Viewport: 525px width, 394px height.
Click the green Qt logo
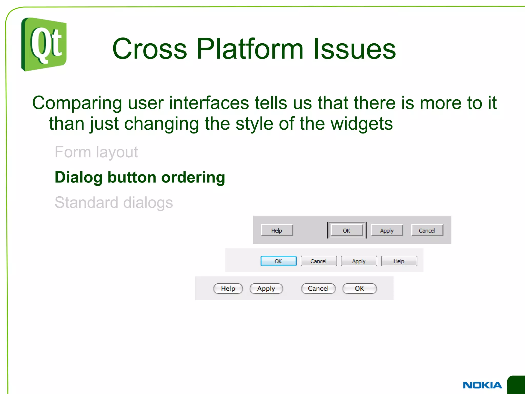[44, 44]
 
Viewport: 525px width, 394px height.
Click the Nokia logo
[482, 385]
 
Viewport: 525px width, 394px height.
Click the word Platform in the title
[250, 49]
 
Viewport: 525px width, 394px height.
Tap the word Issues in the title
[354, 49]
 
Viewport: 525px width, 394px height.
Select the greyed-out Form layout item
[96, 152]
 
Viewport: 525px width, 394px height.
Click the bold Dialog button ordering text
[140, 177]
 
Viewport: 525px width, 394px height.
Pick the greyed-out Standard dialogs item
[114, 203]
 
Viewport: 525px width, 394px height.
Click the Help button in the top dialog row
[277, 230]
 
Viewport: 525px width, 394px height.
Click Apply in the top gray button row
[387, 230]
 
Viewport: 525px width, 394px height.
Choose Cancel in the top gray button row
[427, 230]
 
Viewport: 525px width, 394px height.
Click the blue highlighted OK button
[278, 261]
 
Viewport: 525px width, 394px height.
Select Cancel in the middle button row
[318, 261]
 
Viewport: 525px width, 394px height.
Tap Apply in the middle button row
[359, 261]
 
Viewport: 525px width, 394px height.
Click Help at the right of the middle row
[399, 261]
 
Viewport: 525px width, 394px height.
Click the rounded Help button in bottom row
[228, 289]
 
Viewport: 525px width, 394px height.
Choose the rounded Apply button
[266, 289]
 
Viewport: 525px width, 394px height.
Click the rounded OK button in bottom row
[359, 289]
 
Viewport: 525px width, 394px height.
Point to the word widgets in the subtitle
[361, 124]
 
